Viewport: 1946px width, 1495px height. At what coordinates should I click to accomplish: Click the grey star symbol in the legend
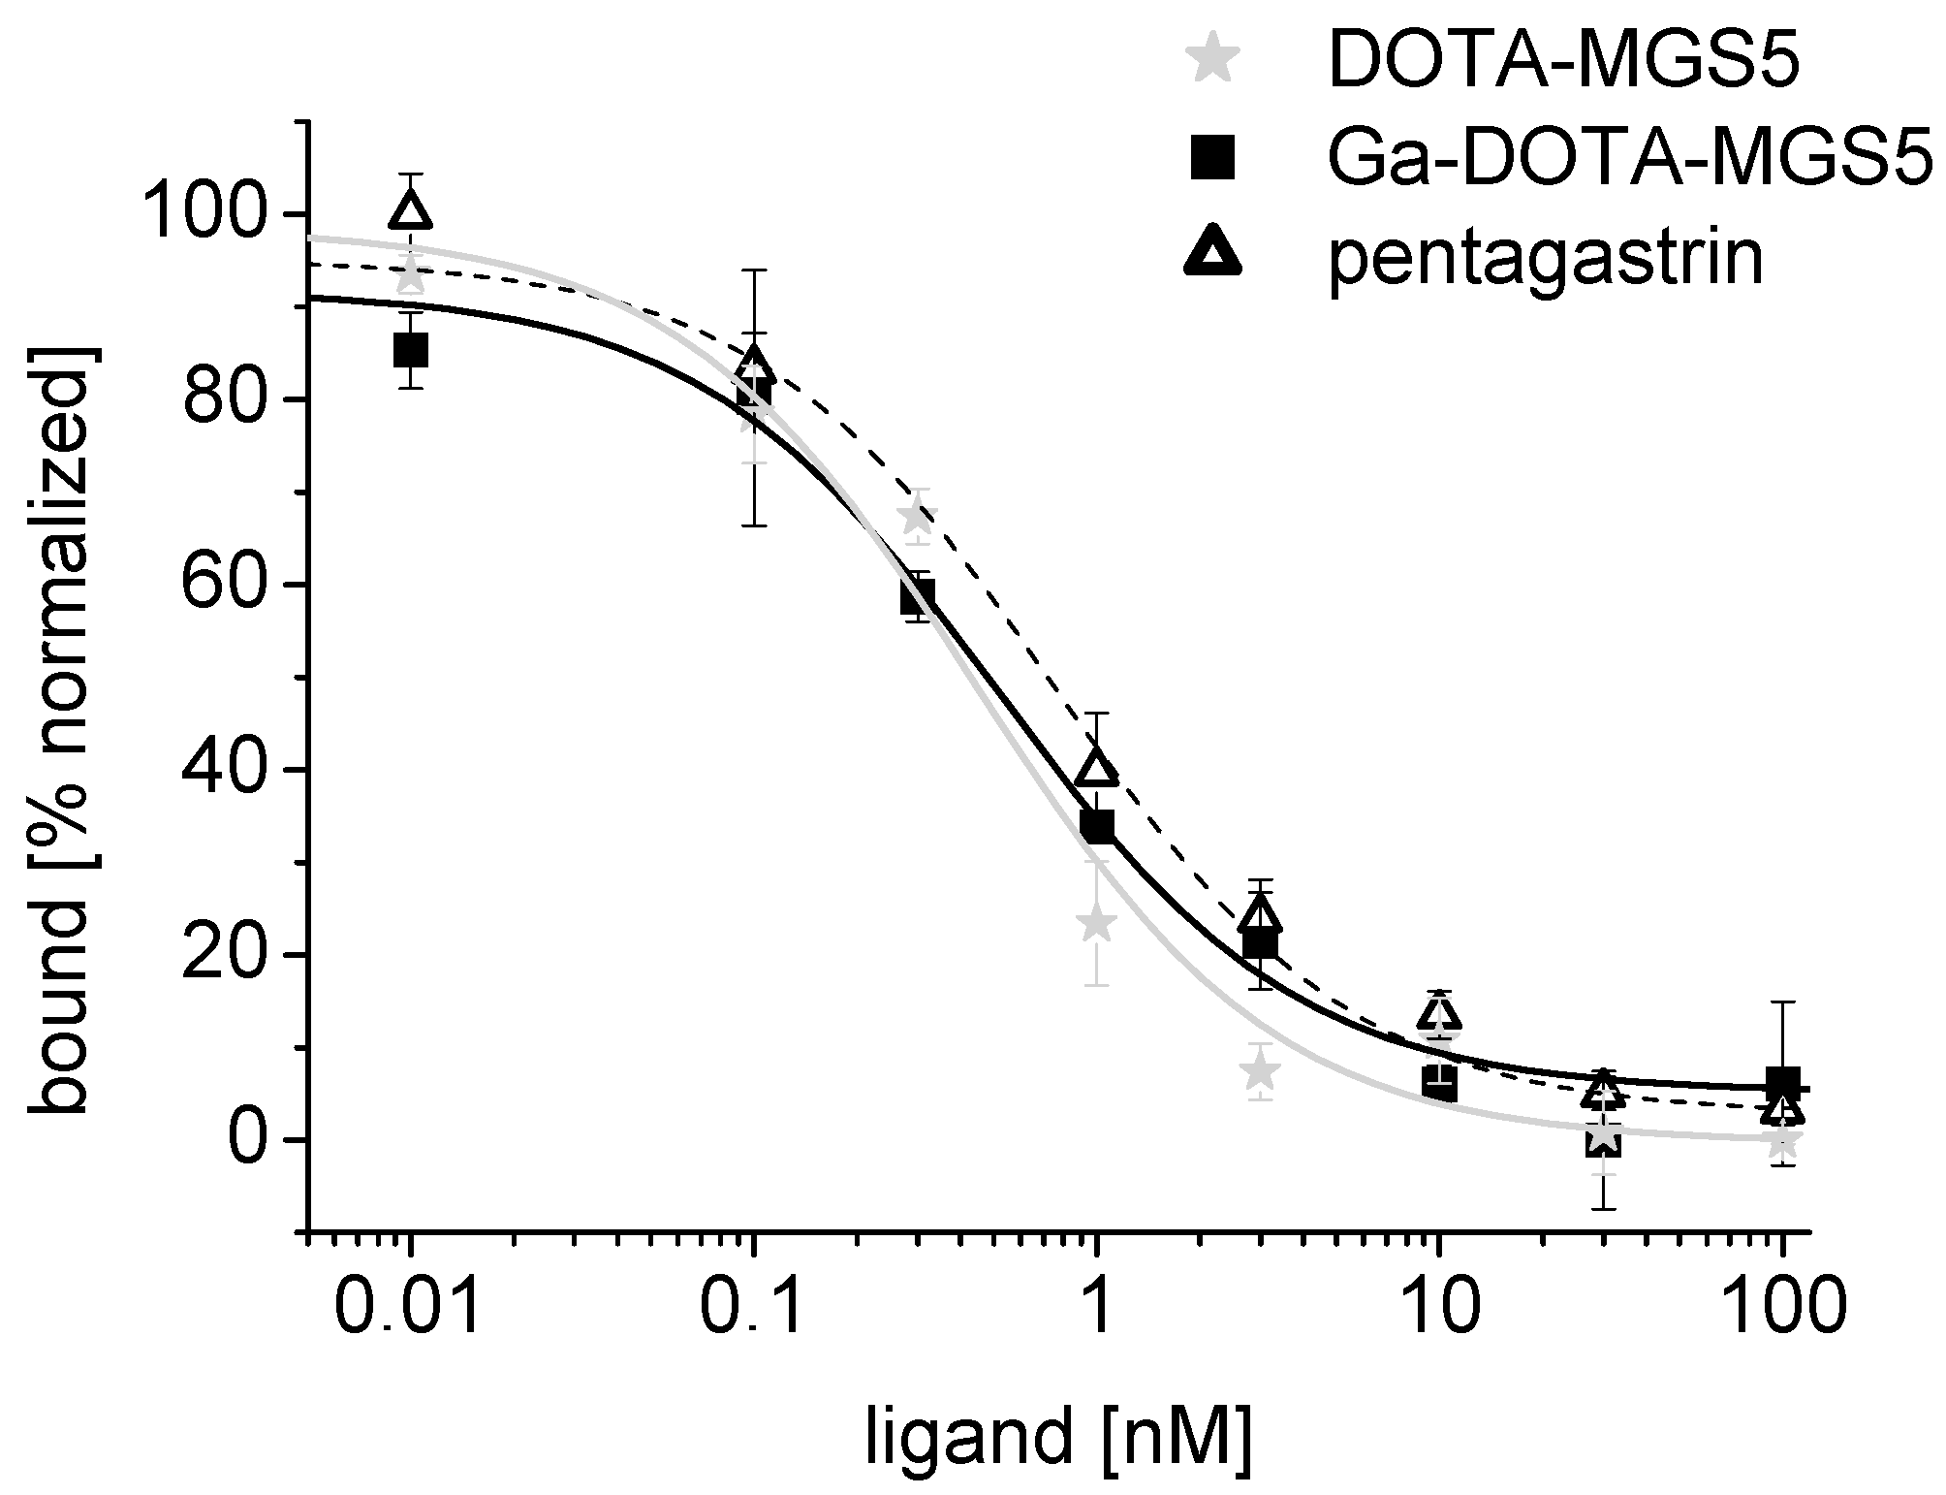[x=1209, y=63]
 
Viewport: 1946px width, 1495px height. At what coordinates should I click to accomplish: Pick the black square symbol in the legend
[x=1211, y=158]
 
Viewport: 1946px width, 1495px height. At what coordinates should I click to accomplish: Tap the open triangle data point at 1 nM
[x=1097, y=768]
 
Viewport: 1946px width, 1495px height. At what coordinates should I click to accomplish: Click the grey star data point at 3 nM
[x=1260, y=1072]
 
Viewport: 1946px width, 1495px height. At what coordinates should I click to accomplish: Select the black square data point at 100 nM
[x=1782, y=1083]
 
